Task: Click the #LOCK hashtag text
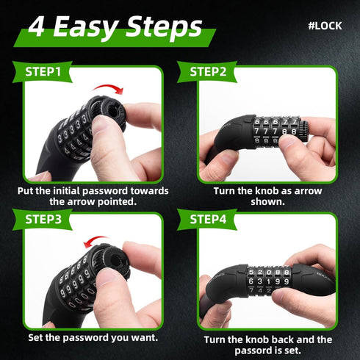[325, 26]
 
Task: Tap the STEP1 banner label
[43, 72]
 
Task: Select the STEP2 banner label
[208, 72]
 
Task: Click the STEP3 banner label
[43, 219]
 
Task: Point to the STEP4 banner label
[208, 219]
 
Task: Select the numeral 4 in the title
[37, 27]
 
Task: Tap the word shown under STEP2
[267, 202]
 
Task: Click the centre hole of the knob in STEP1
[113, 110]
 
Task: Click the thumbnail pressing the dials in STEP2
[288, 140]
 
